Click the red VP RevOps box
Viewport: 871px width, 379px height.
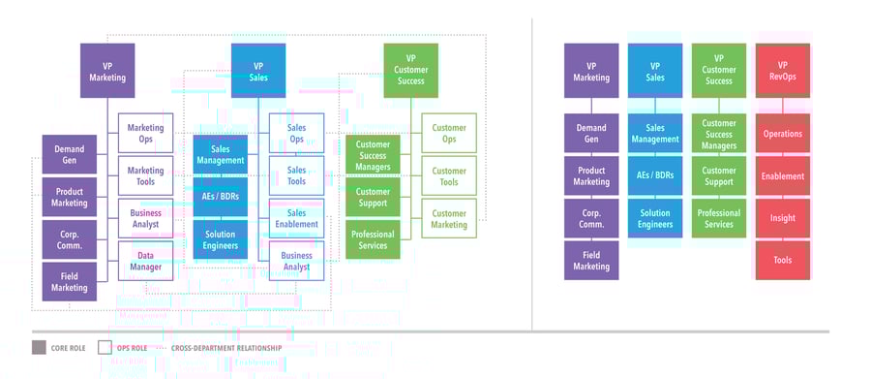pos(782,71)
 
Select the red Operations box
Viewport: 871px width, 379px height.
pos(782,134)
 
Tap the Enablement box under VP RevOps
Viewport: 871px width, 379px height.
pos(782,176)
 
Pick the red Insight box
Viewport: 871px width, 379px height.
pos(782,218)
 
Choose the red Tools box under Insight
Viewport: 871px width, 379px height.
pos(782,260)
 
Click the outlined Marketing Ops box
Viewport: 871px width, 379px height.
pos(145,133)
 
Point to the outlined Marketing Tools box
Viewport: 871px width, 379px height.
pos(145,175)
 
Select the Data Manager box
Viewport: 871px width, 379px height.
pos(145,261)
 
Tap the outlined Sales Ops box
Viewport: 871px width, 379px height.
pos(296,133)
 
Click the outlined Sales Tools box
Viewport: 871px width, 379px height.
pos(296,175)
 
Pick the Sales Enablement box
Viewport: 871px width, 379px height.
pos(296,218)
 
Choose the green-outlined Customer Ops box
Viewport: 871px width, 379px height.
pos(449,133)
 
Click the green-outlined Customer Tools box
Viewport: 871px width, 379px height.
pos(449,175)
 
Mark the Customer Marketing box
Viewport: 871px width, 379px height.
pos(449,218)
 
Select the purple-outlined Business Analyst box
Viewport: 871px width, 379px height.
pos(145,218)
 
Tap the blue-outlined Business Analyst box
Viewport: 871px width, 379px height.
pos(296,261)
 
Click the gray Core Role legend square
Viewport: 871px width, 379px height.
pos(39,347)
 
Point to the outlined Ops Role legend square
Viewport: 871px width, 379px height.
pos(105,347)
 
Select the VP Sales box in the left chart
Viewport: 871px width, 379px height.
pos(258,71)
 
